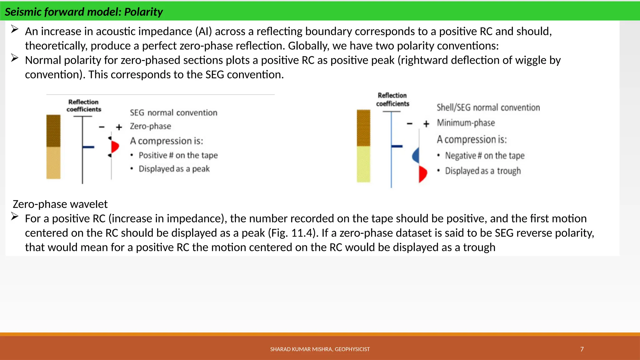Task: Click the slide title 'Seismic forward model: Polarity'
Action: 84,12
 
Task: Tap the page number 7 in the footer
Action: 582,349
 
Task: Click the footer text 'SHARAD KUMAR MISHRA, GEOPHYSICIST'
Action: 320,349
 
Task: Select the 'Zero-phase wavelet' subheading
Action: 60,204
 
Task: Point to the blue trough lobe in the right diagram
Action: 416,155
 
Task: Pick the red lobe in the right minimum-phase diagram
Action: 423,174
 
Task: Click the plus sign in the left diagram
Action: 119,127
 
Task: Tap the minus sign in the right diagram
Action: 410,124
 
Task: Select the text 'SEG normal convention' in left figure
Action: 173,112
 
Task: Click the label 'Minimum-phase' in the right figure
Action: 466,123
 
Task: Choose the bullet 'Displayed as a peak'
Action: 174,169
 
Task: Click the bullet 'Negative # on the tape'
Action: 485,155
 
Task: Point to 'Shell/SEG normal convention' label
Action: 488,107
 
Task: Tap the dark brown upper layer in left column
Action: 53,130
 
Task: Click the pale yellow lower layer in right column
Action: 363,164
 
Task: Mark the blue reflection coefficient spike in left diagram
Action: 88,147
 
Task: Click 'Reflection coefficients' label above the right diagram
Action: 392,99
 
